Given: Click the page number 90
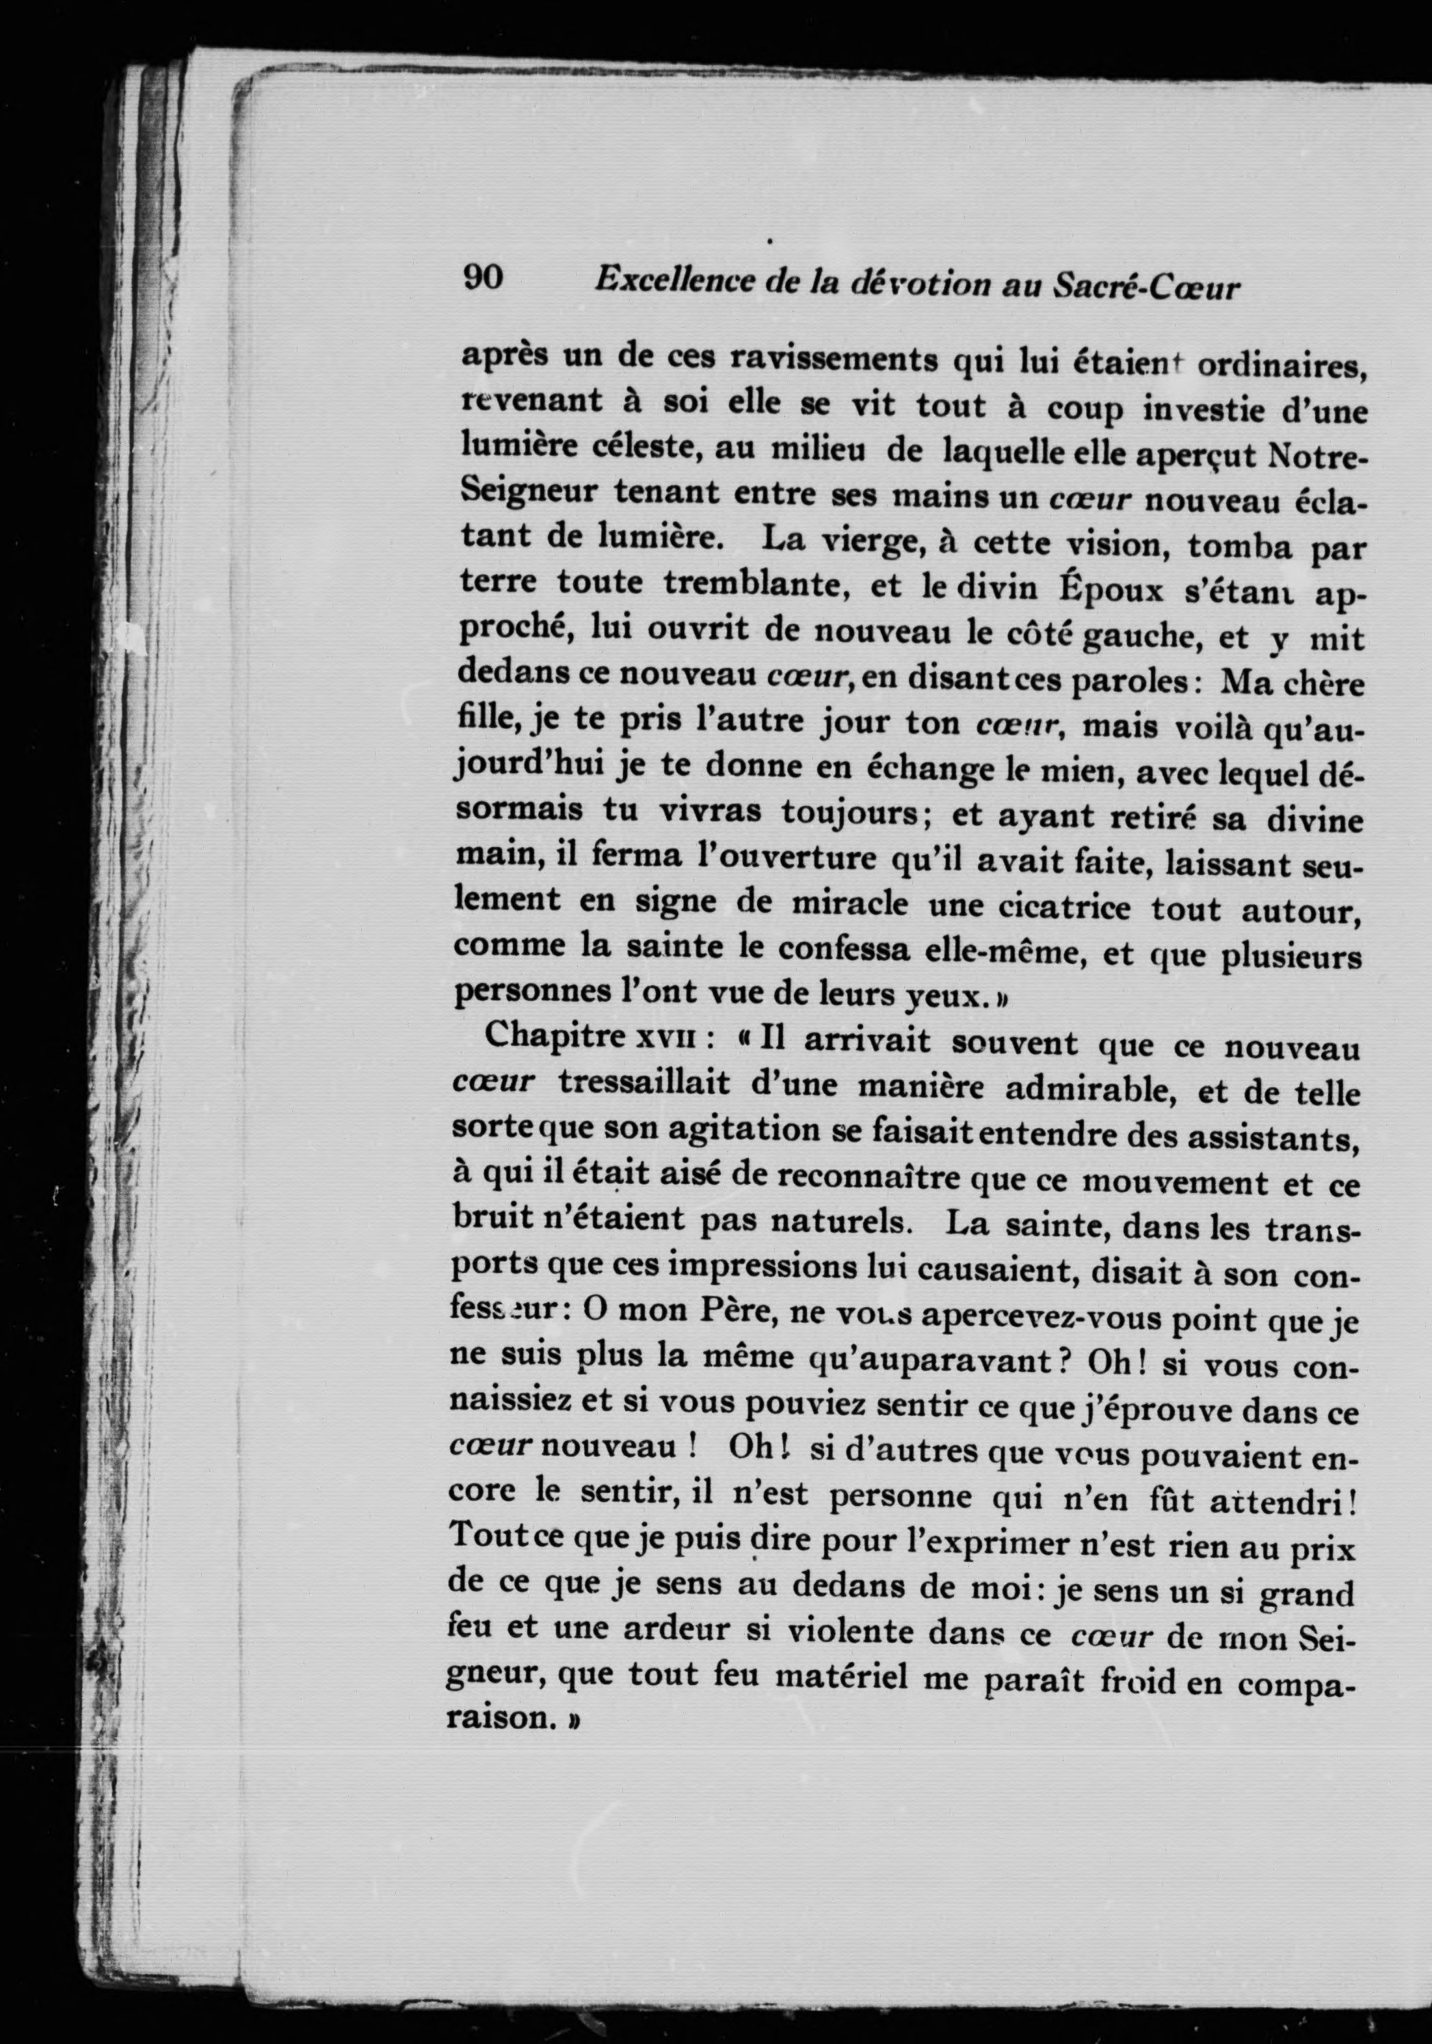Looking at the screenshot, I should [483, 279].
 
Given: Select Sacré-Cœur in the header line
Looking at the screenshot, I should [1146, 286].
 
